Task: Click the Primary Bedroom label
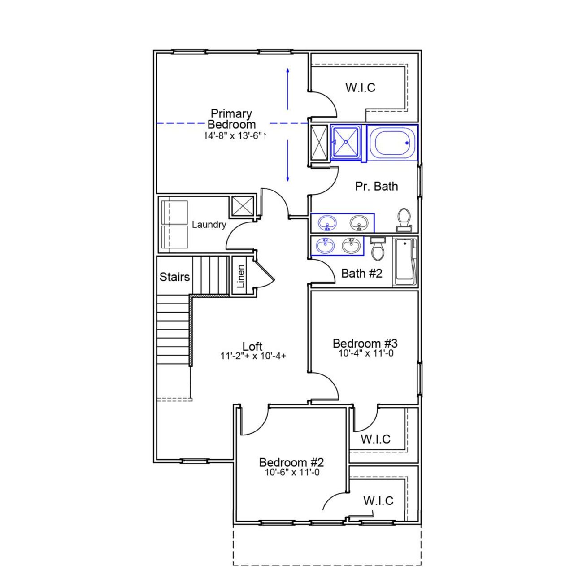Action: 231,119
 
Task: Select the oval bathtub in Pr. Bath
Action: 392,143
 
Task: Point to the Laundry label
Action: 209,224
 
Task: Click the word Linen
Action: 241,276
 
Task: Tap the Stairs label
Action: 174,277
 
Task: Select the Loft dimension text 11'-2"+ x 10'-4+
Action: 253,356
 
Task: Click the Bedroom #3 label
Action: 365,344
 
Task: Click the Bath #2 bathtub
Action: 406,262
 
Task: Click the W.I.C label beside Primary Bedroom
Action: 360,87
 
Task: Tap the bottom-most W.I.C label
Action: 378,500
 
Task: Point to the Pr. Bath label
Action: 376,186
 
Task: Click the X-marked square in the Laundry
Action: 243,206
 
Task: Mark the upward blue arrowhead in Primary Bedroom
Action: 287,70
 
